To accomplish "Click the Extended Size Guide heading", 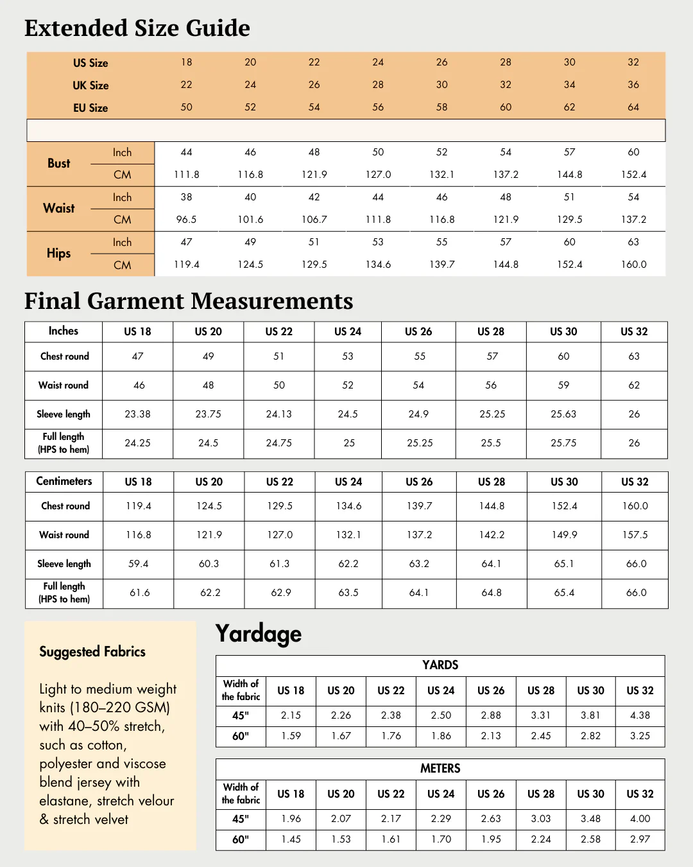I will click(137, 28).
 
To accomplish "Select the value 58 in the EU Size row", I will click(441, 107).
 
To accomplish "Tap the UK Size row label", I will click(90, 85).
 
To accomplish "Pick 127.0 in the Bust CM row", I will click(378, 175).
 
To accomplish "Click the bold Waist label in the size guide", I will click(59, 208).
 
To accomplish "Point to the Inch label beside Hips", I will click(122, 242).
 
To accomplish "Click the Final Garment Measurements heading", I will click(189, 301).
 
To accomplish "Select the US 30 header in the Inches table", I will click(563, 331).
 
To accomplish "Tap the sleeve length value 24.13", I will click(278, 414).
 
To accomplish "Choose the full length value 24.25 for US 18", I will click(137, 443).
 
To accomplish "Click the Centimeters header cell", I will click(64, 481).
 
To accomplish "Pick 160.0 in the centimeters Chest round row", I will click(635, 506).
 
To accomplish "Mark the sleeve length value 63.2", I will click(419, 564).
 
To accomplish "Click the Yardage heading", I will click(259, 634).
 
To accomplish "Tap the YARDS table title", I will click(440, 665).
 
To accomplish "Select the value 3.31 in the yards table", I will click(540, 715).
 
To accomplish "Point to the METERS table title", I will click(440, 769).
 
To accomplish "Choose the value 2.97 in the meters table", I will click(640, 839).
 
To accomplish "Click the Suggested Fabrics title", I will click(92, 652).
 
